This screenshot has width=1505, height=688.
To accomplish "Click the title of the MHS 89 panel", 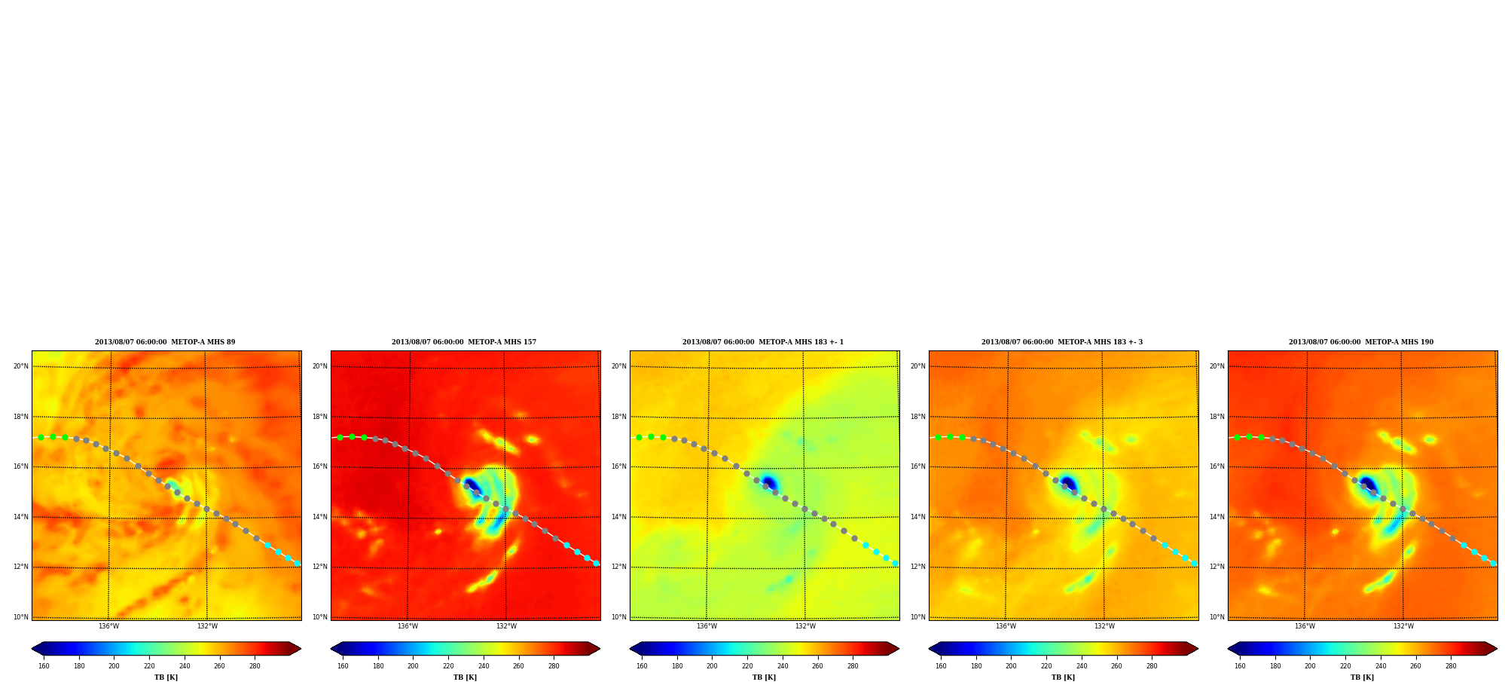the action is point(165,342).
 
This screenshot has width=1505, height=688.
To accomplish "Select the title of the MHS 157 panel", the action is point(464,342).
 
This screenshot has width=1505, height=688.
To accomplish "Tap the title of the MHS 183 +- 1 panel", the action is point(763,342).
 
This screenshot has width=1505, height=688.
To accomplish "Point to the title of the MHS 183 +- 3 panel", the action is point(1062,342).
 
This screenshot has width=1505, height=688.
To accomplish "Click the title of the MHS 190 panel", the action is point(1361,342).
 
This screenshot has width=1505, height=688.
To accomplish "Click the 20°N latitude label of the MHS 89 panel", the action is point(20,366).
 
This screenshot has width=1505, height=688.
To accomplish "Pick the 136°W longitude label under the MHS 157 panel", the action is point(408,626).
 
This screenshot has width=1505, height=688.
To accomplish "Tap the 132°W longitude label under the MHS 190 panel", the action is point(1403,626).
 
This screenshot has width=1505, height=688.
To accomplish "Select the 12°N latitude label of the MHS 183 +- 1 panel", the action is point(618,567).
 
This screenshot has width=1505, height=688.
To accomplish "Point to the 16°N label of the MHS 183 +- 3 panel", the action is point(917,466).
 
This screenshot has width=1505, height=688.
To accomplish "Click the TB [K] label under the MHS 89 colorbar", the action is point(166,677).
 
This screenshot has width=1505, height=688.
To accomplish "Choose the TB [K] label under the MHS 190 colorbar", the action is point(1362,677).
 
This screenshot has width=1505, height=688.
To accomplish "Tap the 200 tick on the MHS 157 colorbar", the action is point(413,666).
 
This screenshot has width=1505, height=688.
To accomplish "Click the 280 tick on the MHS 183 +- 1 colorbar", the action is point(853,666).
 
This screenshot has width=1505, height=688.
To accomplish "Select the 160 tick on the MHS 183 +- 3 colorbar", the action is point(941,666).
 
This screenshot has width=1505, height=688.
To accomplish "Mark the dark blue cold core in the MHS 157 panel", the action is point(471,484).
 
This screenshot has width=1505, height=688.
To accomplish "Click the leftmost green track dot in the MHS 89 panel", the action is point(41,437).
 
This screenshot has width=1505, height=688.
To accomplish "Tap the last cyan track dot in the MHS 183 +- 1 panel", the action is point(895,563).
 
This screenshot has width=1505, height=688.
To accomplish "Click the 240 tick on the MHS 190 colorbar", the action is point(1381,666).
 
